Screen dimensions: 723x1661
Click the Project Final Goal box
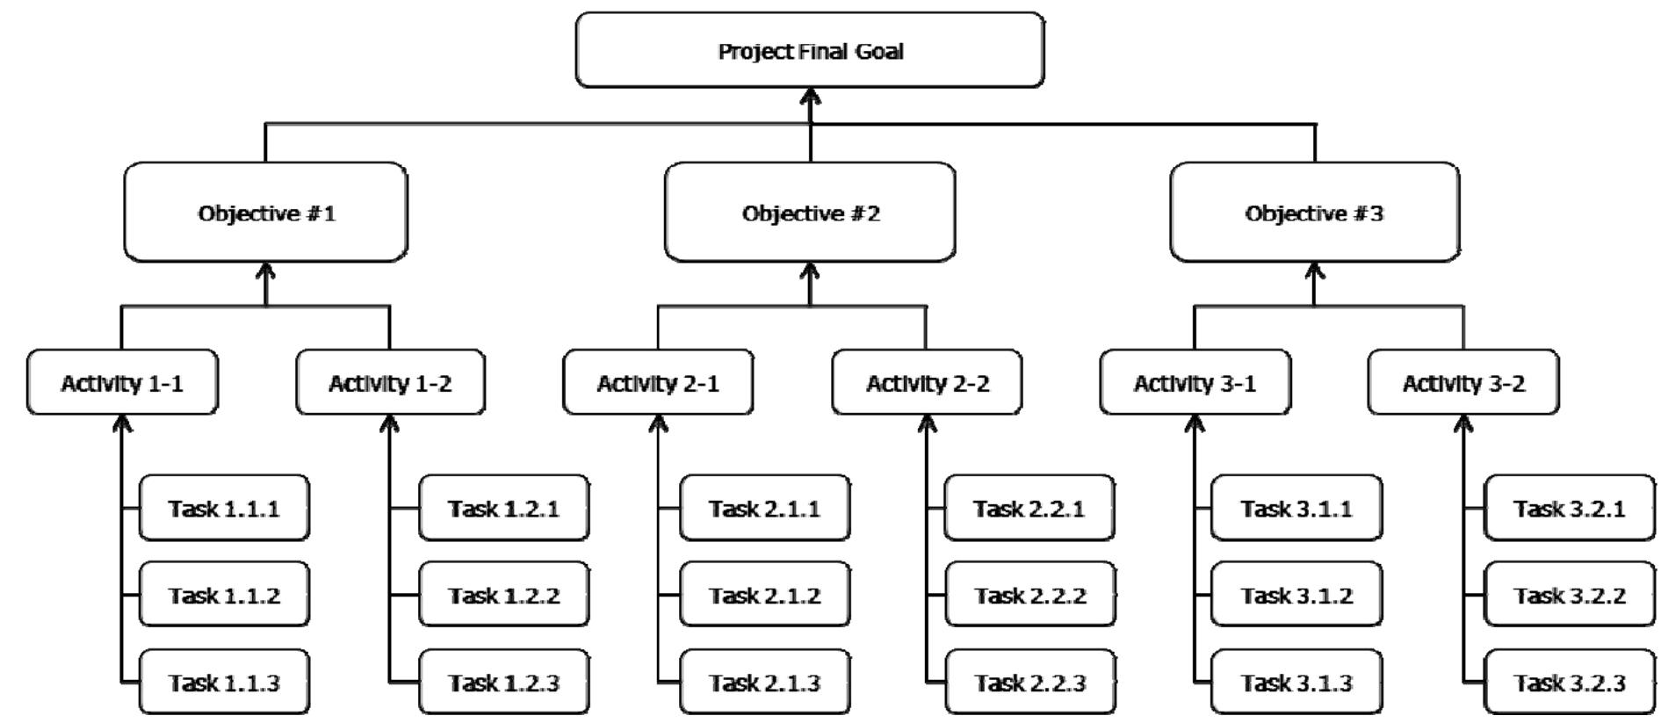click(x=809, y=50)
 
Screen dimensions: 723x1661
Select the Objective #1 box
click(x=265, y=213)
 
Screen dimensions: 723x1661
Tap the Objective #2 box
click(x=809, y=213)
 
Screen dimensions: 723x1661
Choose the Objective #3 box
click(x=1314, y=213)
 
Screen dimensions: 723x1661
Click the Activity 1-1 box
click(x=122, y=382)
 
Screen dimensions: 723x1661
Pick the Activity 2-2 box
click(x=927, y=382)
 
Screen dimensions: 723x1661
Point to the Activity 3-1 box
click(x=1195, y=382)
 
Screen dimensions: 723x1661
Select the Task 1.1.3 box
click(x=224, y=682)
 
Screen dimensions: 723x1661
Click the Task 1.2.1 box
click(x=503, y=508)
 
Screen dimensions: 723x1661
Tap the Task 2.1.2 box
click(x=764, y=595)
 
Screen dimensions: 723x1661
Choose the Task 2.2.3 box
click(x=1029, y=682)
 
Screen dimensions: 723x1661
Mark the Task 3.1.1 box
click(x=1296, y=508)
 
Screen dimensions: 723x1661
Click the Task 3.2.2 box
click(x=1569, y=595)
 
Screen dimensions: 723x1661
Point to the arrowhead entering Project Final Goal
click(x=810, y=96)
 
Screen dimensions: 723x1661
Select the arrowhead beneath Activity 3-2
click(x=1463, y=423)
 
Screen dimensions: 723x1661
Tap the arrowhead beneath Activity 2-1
click(x=659, y=423)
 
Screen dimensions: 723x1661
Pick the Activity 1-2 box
click(x=390, y=382)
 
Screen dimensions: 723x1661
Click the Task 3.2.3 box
click(x=1569, y=682)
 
